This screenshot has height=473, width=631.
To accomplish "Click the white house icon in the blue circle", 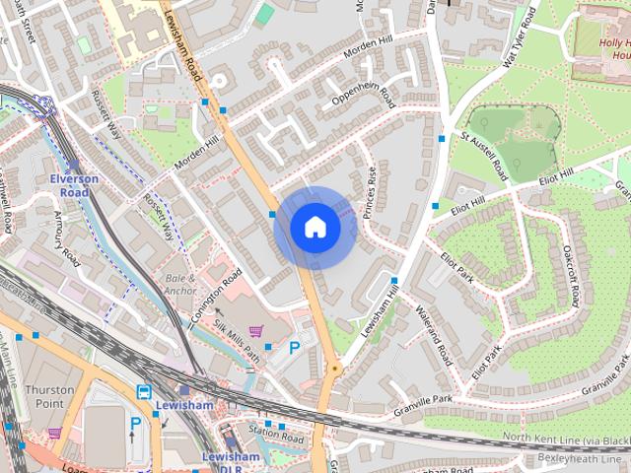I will click(x=315, y=228).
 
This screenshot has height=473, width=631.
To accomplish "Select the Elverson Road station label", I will click(x=75, y=185).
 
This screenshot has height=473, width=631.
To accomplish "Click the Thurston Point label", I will click(x=49, y=396).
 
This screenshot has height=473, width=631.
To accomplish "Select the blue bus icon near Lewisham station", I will click(x=144, y=391).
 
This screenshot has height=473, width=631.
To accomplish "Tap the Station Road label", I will click(x=273, y=431).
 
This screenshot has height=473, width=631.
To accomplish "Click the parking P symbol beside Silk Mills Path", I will click(x=295, y=348).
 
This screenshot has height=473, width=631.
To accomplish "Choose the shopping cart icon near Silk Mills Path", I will click(x=256, y=331).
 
